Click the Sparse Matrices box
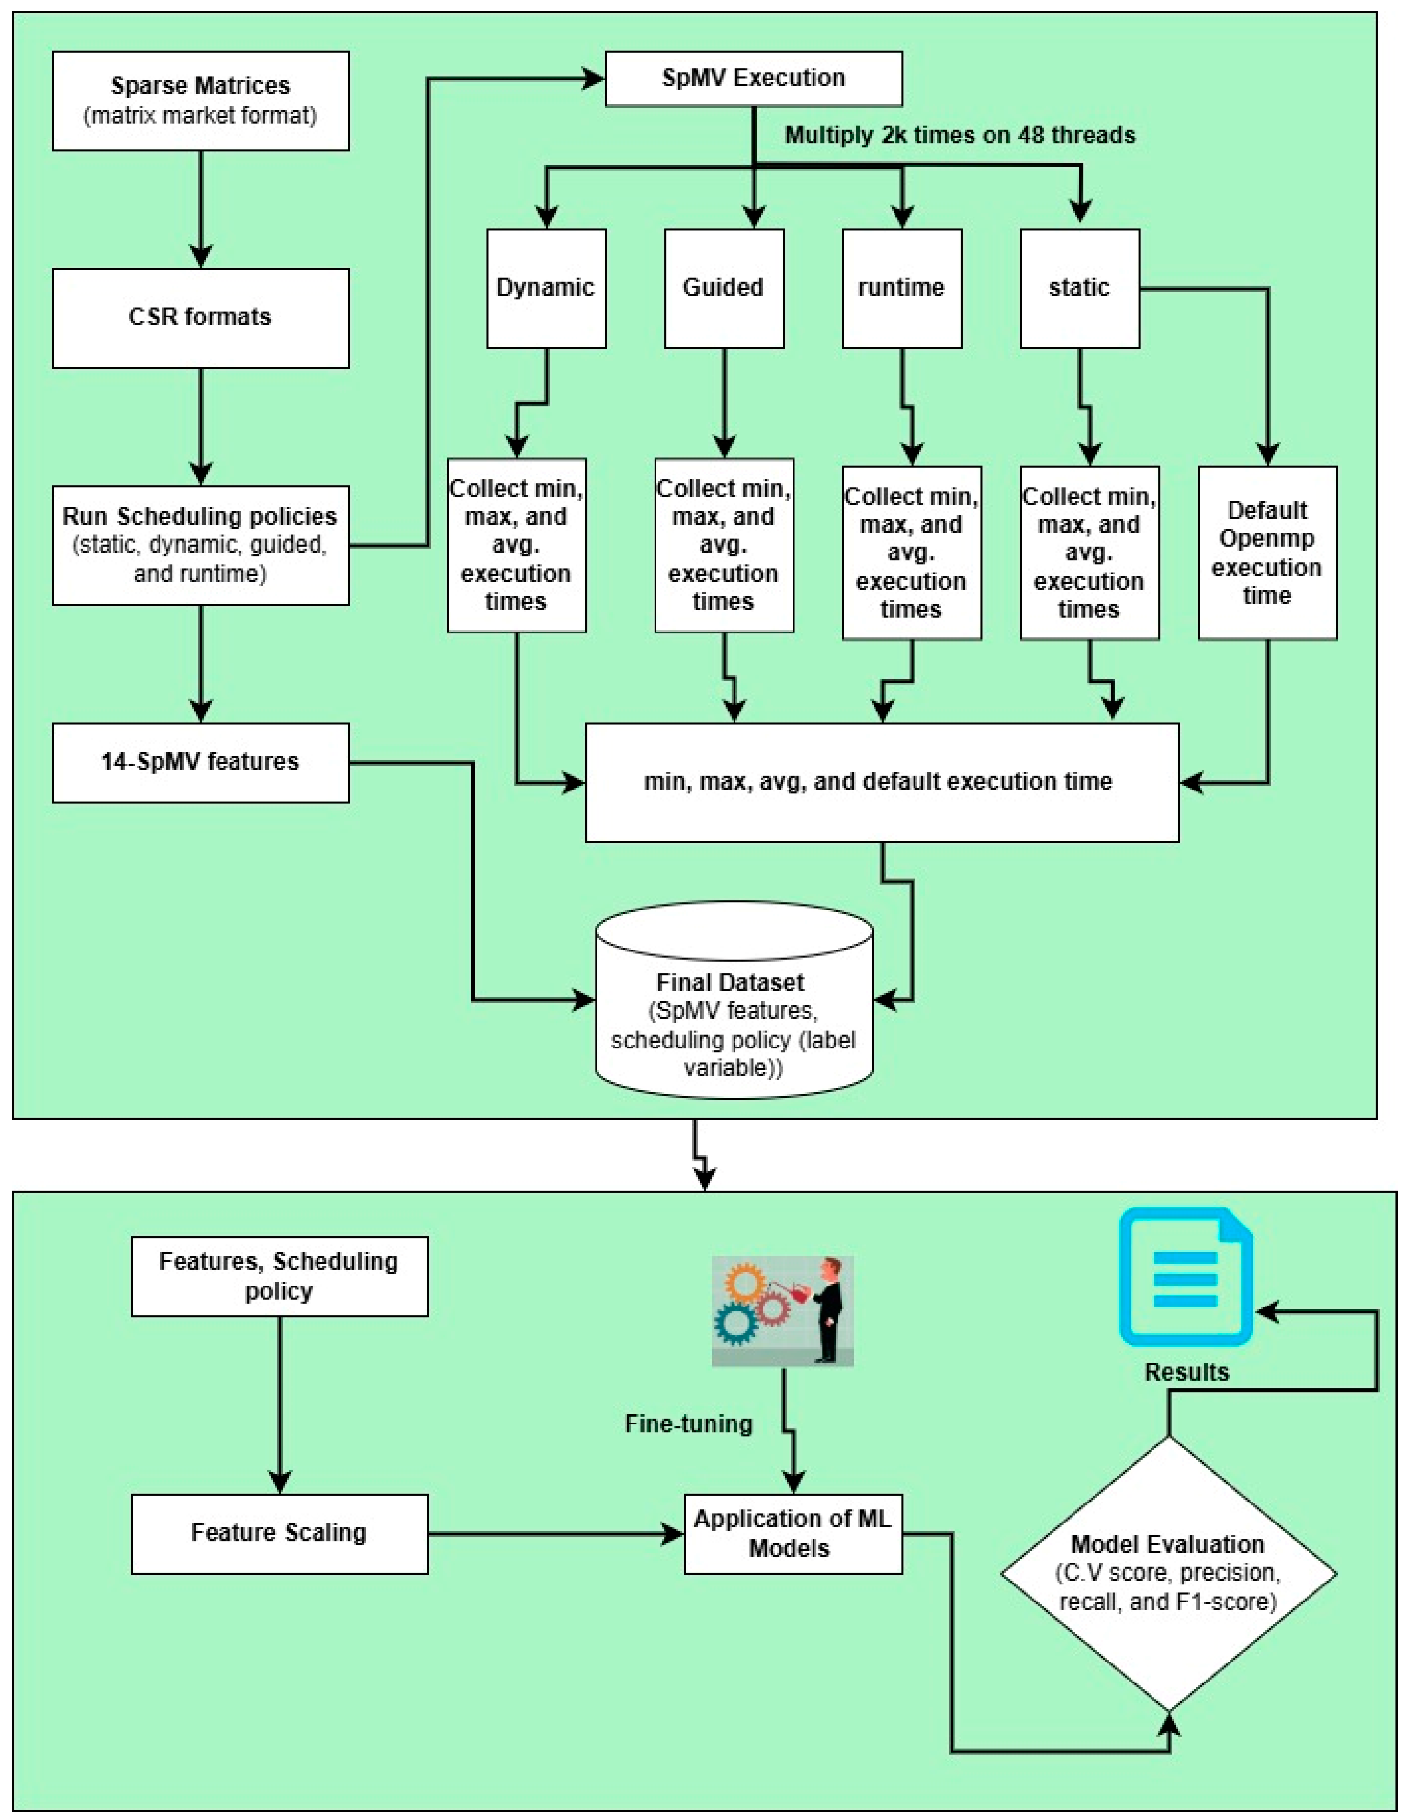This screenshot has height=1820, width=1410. point(200,101)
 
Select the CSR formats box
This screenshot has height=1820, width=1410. point(200,317)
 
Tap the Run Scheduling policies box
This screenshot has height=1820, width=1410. point(200,545)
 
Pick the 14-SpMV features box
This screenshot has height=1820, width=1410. point(200,762)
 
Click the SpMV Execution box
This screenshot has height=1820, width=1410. point(754,79)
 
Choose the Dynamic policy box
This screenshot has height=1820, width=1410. point(546,288)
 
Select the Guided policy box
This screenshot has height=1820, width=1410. point(723,288)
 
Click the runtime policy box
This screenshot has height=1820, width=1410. point(902,288)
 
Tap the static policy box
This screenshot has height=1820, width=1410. point(1079,288)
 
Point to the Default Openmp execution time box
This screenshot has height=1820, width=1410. point(1267,553)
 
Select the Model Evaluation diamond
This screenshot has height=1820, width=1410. point(1168,1573)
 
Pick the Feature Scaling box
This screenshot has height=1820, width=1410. point(279,1533)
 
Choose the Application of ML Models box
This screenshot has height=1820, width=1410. point(793,1533)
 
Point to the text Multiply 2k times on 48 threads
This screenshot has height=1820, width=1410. point(960,135)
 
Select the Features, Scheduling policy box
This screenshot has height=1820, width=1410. point(279,1276)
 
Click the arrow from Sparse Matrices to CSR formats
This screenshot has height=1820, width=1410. point(201,208)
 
